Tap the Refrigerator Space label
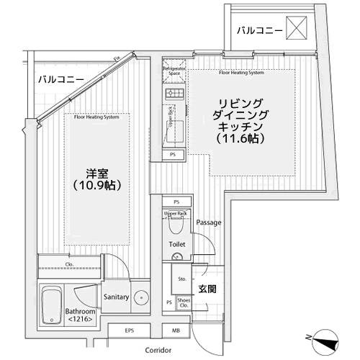174,71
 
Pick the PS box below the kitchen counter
172,155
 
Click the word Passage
208,222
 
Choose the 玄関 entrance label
207,289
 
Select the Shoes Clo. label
185,303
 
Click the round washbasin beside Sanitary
143,296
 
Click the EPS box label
130,331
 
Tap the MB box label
176,331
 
